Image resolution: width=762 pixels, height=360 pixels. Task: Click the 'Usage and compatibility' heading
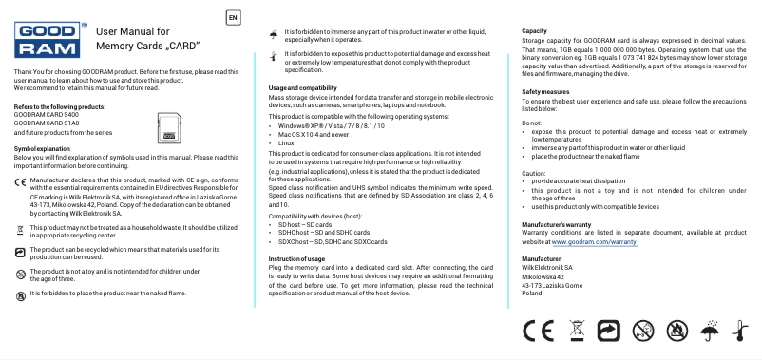coord(303,87)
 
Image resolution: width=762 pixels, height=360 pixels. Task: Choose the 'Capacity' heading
coord(534,32)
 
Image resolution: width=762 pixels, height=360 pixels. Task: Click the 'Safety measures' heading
coord(546,90)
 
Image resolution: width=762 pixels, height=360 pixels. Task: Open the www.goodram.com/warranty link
coord(595,242)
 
